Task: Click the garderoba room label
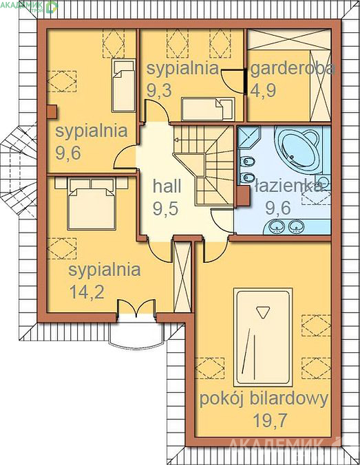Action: [x=293, y=69]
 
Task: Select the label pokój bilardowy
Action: [x=264, y=399]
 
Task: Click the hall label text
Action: [x=167, y=186]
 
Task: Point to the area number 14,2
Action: [x=87, y=292]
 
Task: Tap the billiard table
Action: [x=263, y=337]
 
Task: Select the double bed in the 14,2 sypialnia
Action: [x=92, y=204]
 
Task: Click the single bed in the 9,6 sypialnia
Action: [x=123, y=85]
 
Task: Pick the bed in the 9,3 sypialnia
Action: [x=208, y=109]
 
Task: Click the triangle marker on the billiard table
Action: [x=263, y=312]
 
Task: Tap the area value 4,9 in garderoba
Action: [x=264, y=90]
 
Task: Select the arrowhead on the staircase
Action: [x=176, y=140]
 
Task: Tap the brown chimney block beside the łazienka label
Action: [x=244, y=196]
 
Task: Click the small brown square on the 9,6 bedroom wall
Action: [x=52, y=112]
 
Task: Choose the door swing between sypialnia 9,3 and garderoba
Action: [x=233, y=80]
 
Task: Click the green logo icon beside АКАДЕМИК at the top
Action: [x=52, y=6]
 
